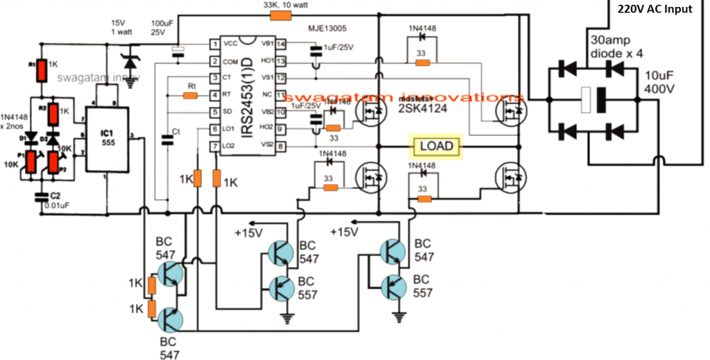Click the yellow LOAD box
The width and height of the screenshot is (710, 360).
pyautogui.click(x=435, y=146)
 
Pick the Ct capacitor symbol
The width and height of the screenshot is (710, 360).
pyautogui.click(x=166, y=139)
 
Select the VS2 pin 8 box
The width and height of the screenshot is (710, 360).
pyautogui.click(x=280, y=146)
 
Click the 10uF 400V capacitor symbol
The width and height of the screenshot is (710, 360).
pyautogui.click(x=589, y=98)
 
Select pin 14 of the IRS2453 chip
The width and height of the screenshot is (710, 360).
pyautogui.click(x=281, y=44)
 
